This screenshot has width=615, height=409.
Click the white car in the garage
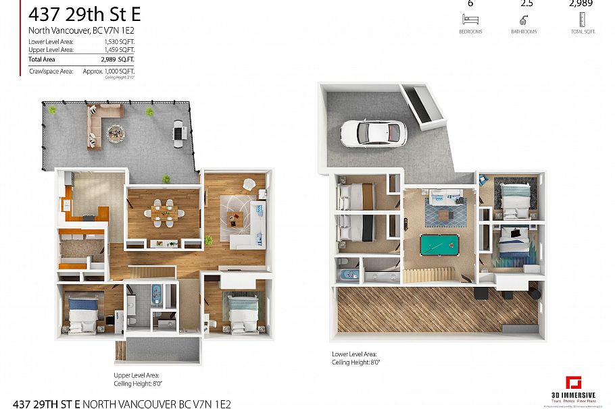(x=370, y=132)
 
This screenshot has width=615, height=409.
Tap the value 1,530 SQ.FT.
(x=119, y=42)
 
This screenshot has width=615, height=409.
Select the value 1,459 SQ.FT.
(x=119, y=50)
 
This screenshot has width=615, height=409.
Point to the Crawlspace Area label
(x=51, y=71)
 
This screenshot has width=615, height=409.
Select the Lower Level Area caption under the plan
(x=354, y=354)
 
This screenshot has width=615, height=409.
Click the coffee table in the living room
(x=235, y=217)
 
